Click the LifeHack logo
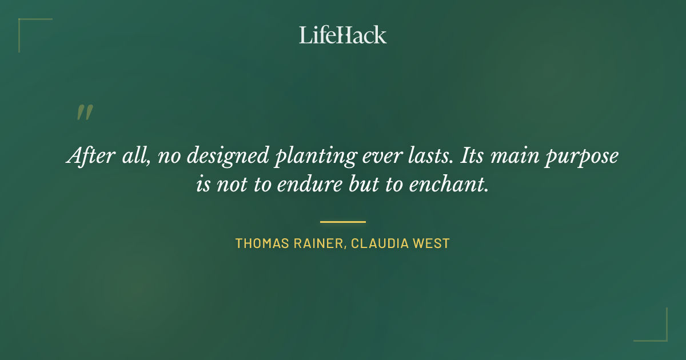(342, 35)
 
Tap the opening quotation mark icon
(85, 113)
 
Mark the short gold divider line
(343, 222)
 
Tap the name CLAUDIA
(382, 243)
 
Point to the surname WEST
(435, 243)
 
